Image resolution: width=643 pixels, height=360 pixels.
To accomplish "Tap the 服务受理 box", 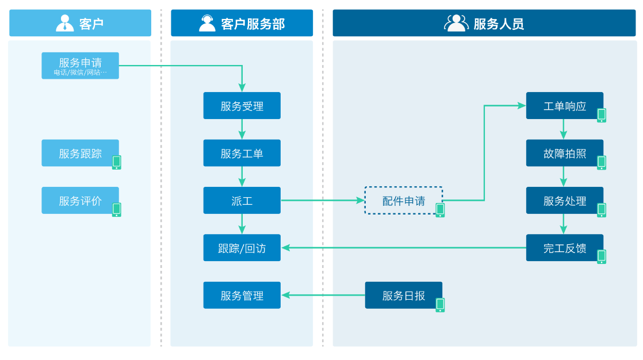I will [x=242, y=106].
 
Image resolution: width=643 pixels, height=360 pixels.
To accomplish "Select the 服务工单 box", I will [x=242, y=153].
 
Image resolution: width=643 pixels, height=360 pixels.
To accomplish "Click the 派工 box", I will [x=242, y=201].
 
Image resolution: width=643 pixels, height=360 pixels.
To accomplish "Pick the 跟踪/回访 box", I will [x=242, y=248].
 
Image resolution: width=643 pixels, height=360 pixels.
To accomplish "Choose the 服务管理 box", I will [x=242, y=295].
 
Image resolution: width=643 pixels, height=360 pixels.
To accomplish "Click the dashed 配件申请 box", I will [x=403, y=201].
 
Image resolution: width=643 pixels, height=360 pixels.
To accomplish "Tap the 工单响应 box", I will [x=564, y=106].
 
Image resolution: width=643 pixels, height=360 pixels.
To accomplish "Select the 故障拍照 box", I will [x=564, y=153].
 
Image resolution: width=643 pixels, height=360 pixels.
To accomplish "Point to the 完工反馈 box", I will [x=564, y=248].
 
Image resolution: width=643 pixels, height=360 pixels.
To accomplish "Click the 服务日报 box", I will [x=403, y=295].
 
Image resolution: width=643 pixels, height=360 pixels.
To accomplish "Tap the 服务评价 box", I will [x=80, y=201].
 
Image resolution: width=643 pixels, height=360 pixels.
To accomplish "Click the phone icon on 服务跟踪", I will [x=117, y=162].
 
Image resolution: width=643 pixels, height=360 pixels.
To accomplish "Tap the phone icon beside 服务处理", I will [x=602, y=210].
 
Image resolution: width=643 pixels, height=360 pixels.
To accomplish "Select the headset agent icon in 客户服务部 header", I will [x=207, y=23].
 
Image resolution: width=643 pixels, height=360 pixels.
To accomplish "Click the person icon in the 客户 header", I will [x=64, y=23].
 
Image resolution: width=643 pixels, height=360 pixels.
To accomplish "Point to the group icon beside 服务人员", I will [x=456, y=23].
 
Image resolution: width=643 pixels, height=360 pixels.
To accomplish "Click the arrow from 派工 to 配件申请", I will [x=322, y=201].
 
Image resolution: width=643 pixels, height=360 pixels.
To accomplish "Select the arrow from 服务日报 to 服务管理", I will [x=323, y=295].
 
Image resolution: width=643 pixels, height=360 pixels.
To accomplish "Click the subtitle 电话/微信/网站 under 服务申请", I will [x=80, y=72].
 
